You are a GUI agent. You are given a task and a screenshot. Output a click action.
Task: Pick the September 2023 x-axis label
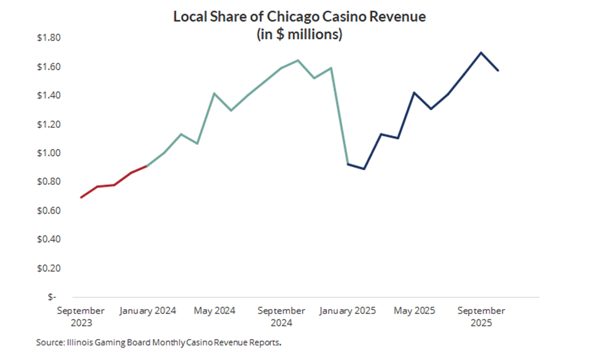80,316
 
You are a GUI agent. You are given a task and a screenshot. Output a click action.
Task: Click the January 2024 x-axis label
147,311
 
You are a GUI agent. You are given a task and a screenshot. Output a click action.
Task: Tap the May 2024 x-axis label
214,311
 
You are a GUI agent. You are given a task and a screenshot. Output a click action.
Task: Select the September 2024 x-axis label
281,316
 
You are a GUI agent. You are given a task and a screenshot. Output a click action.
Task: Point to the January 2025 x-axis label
348,311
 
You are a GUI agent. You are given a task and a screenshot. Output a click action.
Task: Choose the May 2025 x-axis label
414,311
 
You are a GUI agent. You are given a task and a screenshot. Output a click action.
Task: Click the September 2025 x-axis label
481,316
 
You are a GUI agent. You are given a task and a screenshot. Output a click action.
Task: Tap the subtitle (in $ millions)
299,34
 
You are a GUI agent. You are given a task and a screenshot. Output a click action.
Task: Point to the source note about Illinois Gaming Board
162,342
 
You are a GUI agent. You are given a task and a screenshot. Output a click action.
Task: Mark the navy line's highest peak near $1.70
481,52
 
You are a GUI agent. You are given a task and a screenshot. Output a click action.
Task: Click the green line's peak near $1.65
298,60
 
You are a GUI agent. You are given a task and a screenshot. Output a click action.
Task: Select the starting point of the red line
81,197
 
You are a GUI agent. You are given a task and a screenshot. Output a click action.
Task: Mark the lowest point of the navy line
364,168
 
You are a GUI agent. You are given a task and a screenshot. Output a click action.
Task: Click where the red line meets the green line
147,166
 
